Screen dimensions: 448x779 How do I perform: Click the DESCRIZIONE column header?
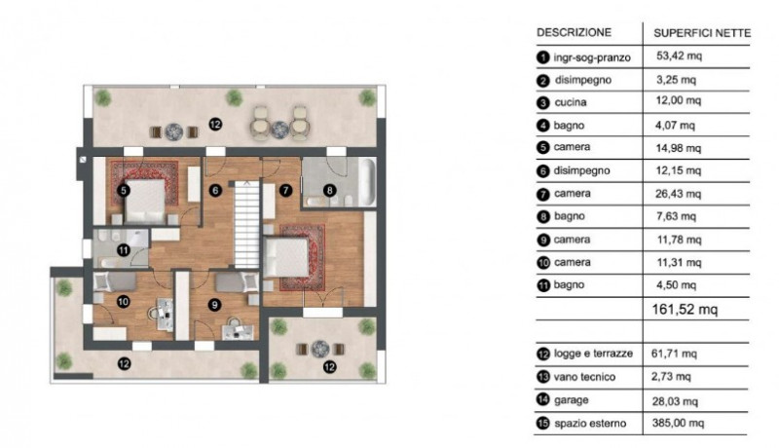(575, 32)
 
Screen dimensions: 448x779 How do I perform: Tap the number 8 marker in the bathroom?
(329, 192)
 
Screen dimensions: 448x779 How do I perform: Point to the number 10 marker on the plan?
(123, 302)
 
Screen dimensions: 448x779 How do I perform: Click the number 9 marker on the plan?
(216, 302)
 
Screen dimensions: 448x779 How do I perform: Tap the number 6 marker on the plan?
(216, 191)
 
